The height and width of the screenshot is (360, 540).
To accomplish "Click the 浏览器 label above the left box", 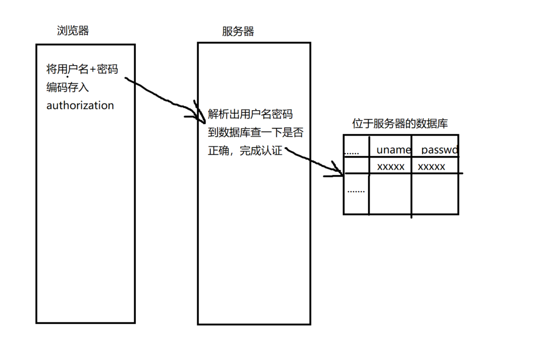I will [73, 31].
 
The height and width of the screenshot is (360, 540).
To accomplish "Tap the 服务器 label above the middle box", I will [238, 32].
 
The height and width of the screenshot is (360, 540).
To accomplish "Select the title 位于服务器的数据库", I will [400, 124].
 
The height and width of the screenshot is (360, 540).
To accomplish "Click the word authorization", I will [80, 105].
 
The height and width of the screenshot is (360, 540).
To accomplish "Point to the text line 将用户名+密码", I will [82, 69].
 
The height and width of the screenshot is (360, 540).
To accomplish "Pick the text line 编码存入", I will [67, 87].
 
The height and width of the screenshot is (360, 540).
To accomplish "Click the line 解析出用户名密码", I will [250, 115].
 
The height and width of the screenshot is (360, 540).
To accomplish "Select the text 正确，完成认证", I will [245, 151].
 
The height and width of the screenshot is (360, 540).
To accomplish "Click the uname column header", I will [394, 150].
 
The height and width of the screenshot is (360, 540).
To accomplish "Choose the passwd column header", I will [439, 150].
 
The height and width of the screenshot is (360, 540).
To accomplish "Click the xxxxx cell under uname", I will [391, 167].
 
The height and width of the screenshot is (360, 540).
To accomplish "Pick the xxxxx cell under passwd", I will [432, 167].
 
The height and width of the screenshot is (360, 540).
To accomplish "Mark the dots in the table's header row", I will [352, 152].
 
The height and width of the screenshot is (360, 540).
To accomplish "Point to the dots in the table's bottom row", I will [356, 191].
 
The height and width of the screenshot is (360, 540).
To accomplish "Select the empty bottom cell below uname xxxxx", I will [390, 193].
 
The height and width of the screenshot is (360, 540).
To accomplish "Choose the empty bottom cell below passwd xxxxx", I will [435, 193].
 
